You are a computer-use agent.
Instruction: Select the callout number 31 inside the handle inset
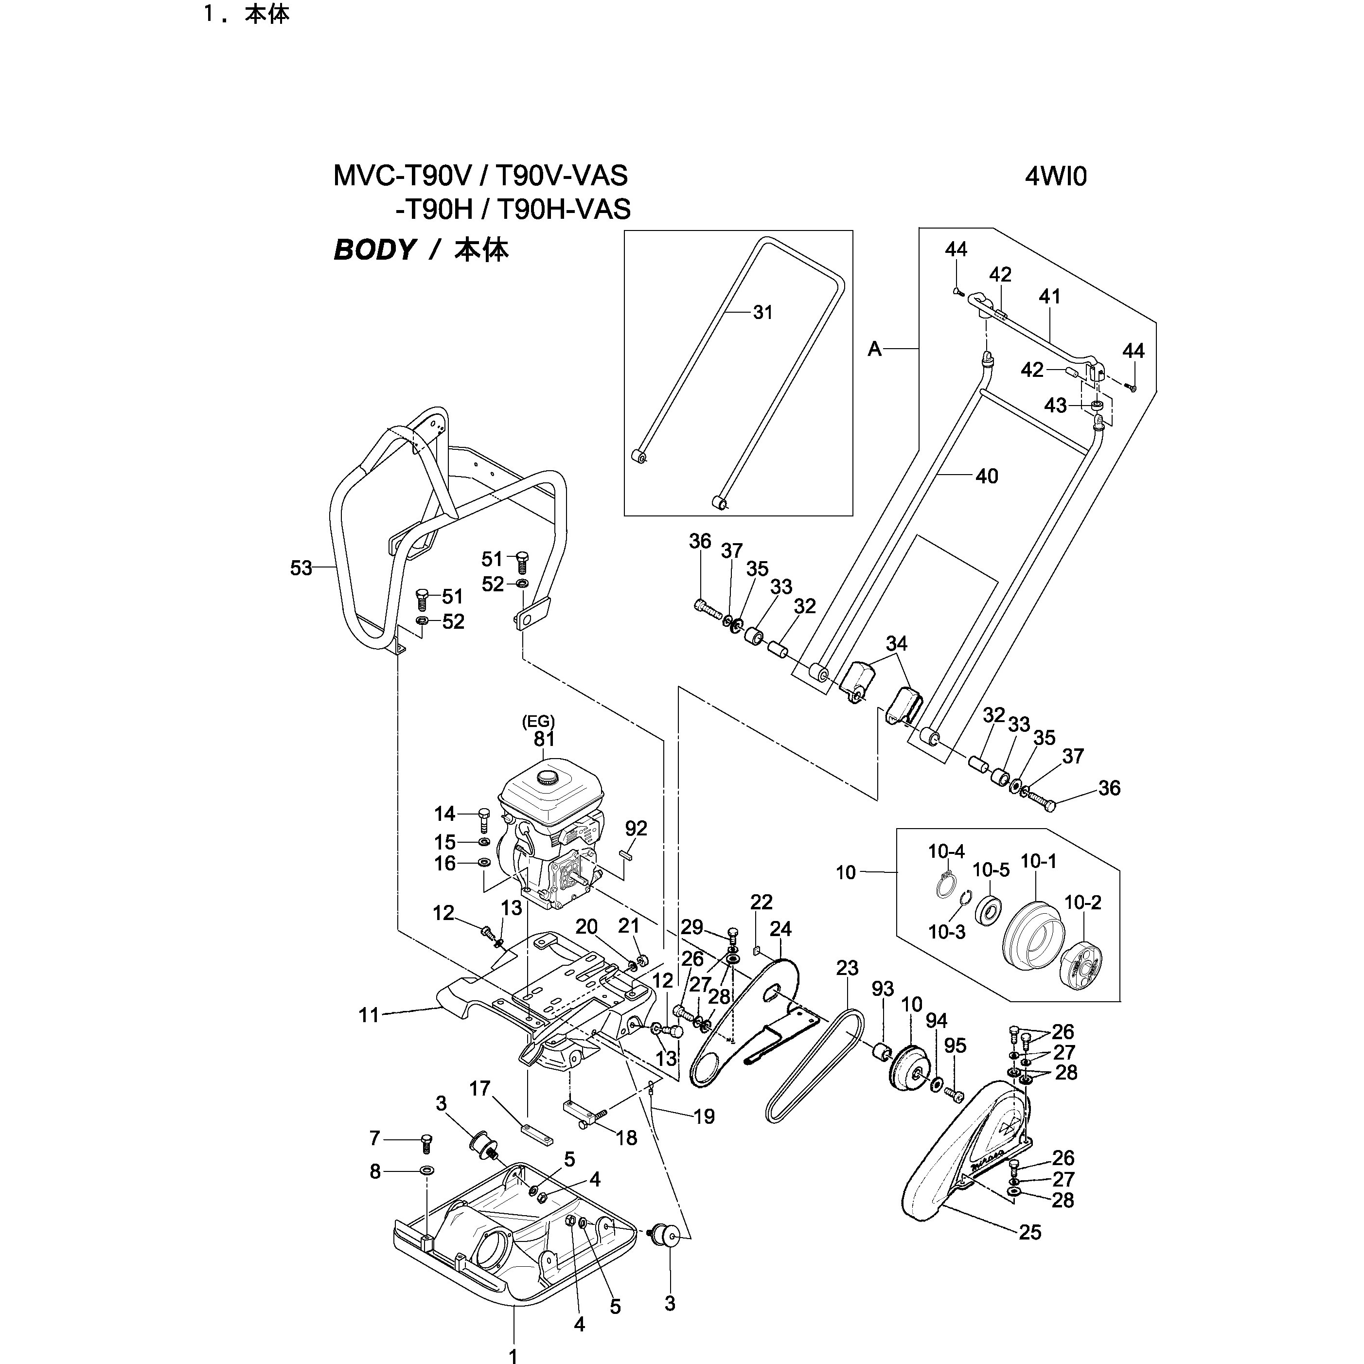[762, 312]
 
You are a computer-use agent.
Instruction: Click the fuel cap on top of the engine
[547, 778]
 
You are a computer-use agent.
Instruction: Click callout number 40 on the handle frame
[986, 477]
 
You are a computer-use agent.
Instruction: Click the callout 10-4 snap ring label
[946, 851]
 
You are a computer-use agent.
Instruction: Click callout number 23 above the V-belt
[847, 968]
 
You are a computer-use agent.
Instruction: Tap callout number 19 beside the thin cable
[704, 1116]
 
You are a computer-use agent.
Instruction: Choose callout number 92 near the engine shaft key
[636, 828]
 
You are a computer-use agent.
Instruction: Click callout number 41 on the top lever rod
[1049, 297]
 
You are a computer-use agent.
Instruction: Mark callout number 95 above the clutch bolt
[955, 1045]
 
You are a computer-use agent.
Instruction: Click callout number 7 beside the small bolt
[375, 1138]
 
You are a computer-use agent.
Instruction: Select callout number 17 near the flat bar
[479, 1089]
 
